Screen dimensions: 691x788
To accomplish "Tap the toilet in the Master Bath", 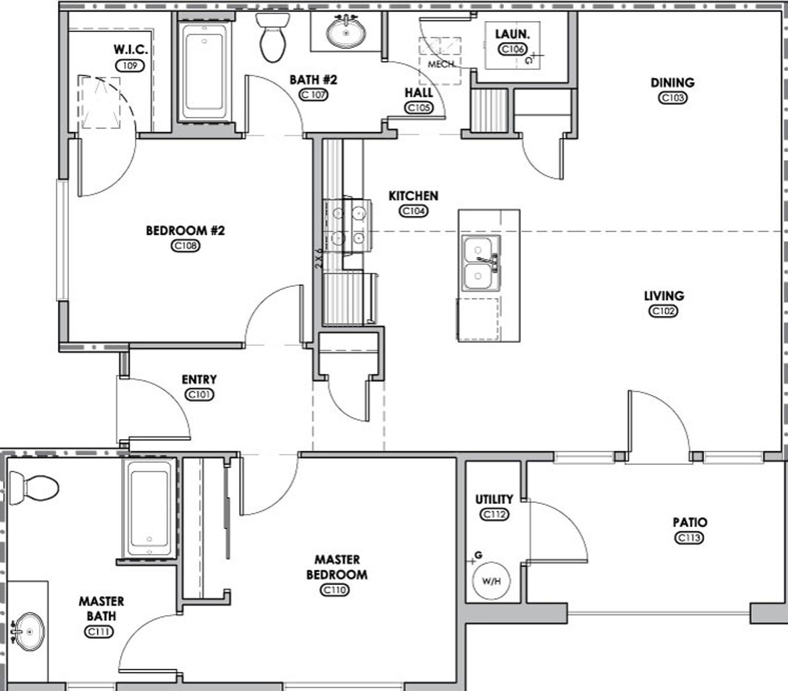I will coord(34,488).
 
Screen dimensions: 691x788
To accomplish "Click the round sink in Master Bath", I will coord(28,632).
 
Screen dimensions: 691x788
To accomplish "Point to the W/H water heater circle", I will coord(491,581).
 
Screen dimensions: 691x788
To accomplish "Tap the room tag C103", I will coord(673,98).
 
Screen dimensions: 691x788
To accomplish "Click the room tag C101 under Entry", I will coord(199,395).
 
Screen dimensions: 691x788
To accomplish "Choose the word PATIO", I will coord(690,522).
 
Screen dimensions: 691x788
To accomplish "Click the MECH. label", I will coord(441,64).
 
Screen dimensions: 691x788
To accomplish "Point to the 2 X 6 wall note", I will coord(318,259).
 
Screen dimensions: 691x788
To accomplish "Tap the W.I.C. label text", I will coord(131,50).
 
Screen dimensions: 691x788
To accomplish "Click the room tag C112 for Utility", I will coord(494,515).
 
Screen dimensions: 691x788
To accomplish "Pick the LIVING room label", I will coord(664,296).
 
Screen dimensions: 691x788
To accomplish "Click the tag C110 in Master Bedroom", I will coord(335,590).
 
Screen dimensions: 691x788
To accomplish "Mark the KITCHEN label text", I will coord(413,196).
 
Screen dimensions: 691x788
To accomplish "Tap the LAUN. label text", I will coord(512,34).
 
